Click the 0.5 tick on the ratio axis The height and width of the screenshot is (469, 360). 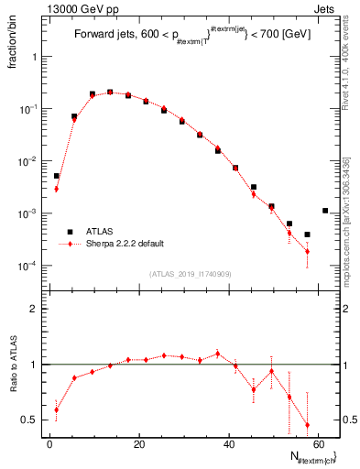[32, 420]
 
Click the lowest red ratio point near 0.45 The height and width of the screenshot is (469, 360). [307, 425]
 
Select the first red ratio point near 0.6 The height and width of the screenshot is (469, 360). [56, 409]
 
